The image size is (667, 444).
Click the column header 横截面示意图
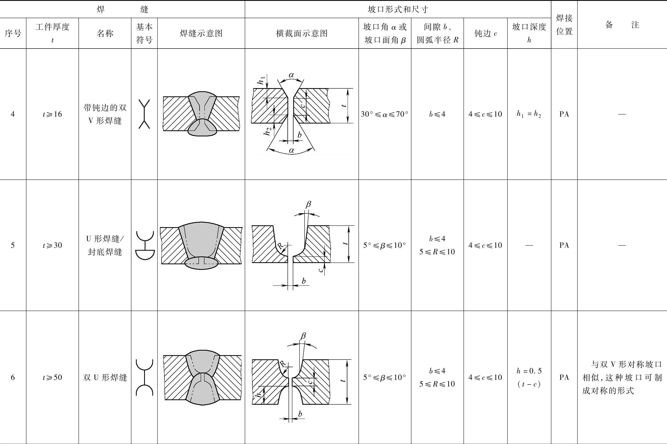tap(302, 34)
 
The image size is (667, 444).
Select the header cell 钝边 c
tap(485, 34)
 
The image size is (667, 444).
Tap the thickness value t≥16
tap(53, 114)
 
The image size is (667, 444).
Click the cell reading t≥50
tap(53, 378)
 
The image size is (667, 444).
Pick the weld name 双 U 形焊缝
tap(105, 378)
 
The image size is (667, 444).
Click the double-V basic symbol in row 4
tap(144, 114)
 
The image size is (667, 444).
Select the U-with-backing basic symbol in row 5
tap(145, 245)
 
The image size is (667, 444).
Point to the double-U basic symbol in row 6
tap(144, 378)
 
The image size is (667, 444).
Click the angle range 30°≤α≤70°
tap(385, 114)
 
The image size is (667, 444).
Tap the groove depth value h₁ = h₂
tap(529, 114)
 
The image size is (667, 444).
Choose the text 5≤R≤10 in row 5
tap(437, 252)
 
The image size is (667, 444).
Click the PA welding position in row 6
tap(564, 378)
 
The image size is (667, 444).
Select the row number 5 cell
tap(13, 245)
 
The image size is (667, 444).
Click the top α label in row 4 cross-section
tap(291, 75)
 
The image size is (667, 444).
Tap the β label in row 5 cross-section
tap(309, 204)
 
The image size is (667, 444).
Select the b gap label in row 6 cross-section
tap(300, 414)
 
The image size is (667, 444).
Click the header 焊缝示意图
tap(201, 34)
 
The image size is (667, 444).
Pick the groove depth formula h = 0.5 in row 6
tap(529, 371)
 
